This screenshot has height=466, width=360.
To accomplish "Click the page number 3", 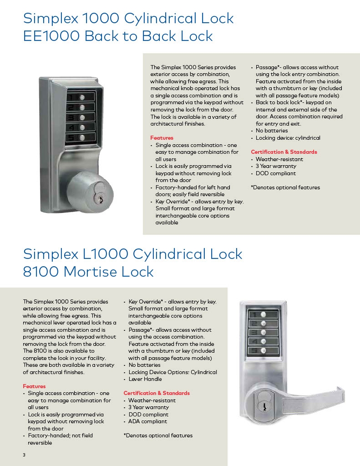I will [x=24, y=455].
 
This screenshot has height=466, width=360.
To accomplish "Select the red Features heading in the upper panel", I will [x=162, y=138].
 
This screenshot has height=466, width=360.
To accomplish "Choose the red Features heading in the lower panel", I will [x=34, y=386].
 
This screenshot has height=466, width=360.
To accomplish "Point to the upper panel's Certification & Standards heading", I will [x=284, y=152].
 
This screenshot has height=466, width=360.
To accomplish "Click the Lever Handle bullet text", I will [x=145, y=379].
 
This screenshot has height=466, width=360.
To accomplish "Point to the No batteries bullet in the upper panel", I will [x=272, y=131].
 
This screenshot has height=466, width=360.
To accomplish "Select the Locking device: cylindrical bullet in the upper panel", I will [x=288, y=138].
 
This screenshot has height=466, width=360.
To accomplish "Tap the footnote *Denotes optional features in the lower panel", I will [x=158, y=436].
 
